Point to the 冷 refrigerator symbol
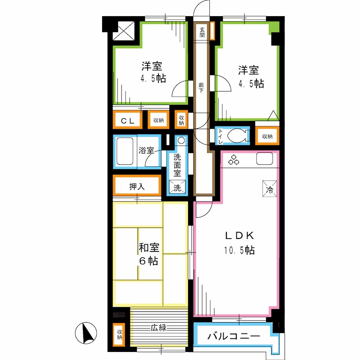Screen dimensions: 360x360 pos(270,187)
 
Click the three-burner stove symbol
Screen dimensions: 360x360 pos(234,159)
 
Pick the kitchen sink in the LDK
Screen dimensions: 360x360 pos(264,159)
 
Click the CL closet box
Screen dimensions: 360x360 pos(127,120)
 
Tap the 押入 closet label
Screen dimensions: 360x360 pos(137,186)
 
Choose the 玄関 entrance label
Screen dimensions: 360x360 pos(202,32)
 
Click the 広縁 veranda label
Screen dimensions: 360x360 pos(158,328)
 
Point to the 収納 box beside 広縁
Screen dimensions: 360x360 pos(119,335)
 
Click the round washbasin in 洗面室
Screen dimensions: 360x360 pos(181,140)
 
